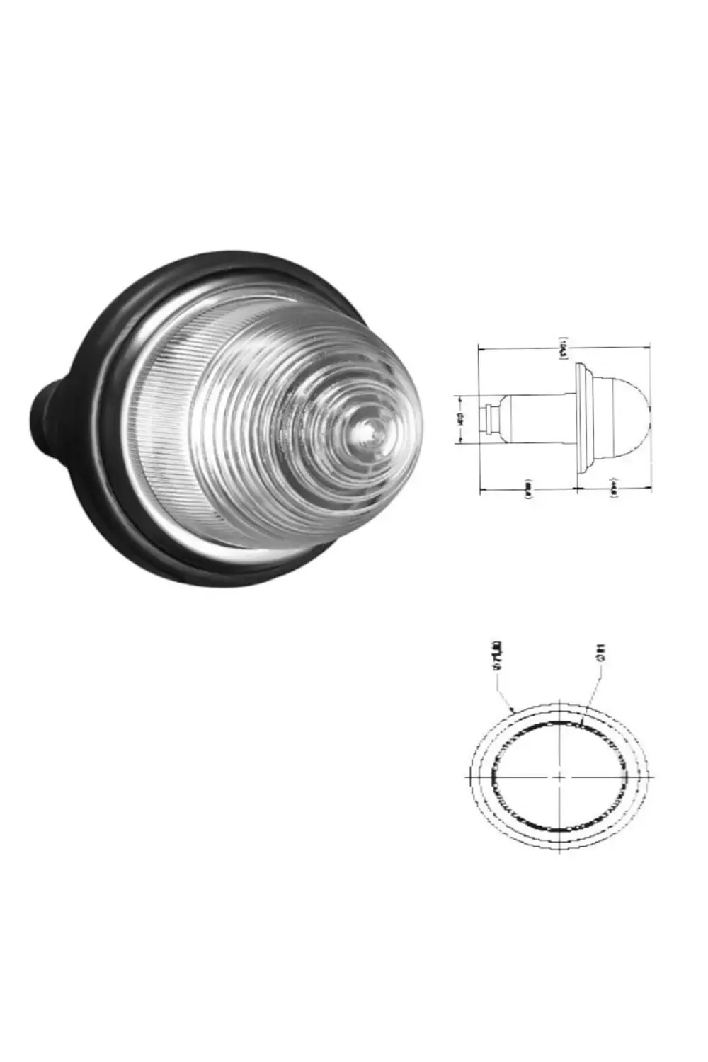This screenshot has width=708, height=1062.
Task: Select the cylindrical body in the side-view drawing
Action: point(538,418)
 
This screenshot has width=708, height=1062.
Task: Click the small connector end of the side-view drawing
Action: point(487,418)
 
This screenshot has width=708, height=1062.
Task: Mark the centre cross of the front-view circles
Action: point(560,776)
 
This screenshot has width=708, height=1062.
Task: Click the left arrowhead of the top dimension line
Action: point(482,348)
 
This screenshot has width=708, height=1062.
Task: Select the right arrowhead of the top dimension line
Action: point(648,348)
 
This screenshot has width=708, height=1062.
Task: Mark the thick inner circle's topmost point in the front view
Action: point(560,721)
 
